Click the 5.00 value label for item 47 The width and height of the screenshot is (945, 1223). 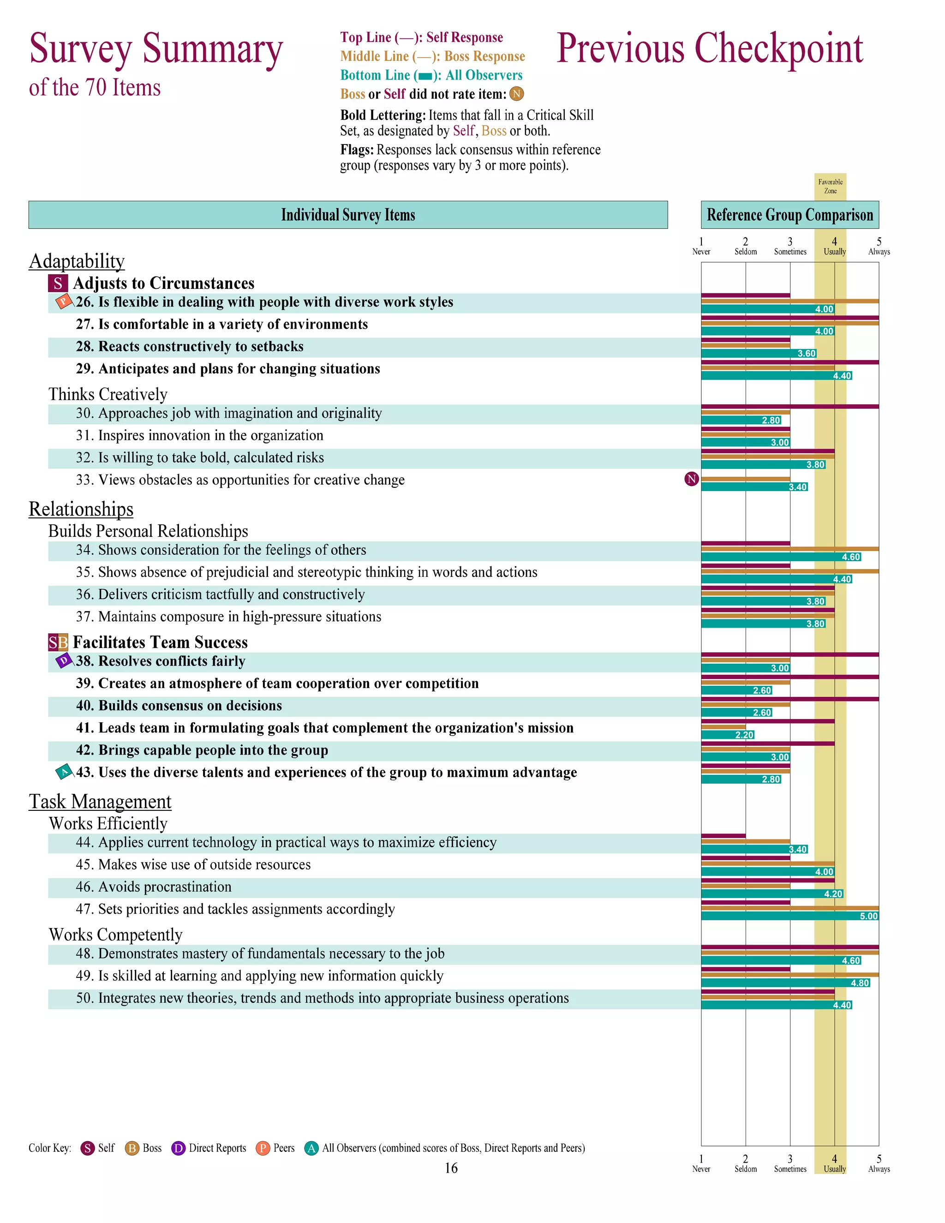click(x=868, y=916)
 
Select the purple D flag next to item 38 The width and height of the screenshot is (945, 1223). click(x=64, y=661)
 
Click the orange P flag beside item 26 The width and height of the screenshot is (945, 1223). click(x=63, y=301)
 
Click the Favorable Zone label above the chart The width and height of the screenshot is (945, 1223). click(x=830, y=186)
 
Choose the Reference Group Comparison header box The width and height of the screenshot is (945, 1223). click(x=789, y=215)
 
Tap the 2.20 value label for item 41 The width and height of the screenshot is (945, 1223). click(x=744, y=735)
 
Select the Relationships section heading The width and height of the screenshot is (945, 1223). click(x=81, y=509)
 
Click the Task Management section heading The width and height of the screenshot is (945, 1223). click(x=100, y=801)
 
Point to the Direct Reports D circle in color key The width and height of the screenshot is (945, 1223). click(x=178, y=1149)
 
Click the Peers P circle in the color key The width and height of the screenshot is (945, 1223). click(x=263, y=1149)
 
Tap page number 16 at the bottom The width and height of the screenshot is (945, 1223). click(x=451, y=1168)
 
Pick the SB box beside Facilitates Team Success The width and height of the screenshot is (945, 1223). click(x=58, y=642)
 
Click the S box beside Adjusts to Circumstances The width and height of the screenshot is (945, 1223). click(x=58, y=283)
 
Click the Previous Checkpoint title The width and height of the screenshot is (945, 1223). click(x=709, y=49)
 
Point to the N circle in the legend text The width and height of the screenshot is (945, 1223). click(x=516, y=94)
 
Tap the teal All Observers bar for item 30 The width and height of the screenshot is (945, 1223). click(x=740, y=420)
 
